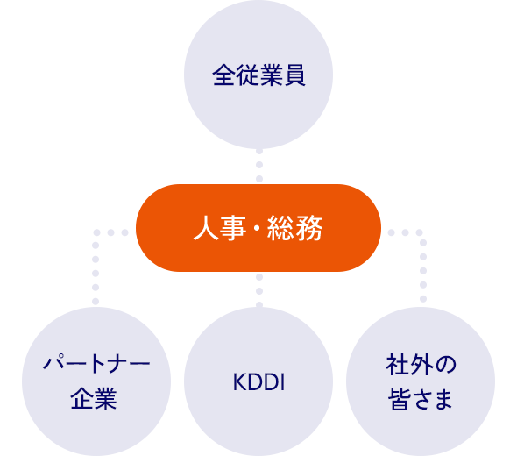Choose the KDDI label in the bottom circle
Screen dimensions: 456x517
(259, 383)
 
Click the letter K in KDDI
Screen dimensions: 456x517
(237, 383)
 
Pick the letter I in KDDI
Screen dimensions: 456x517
(283, 383)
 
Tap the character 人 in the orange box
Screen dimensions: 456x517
(204, 230)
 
